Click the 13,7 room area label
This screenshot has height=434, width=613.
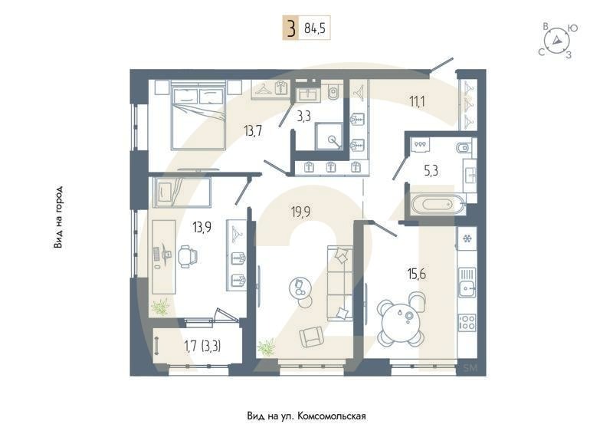(254, 130)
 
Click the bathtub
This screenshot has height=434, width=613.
(434, 205)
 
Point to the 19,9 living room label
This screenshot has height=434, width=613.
(300, 212)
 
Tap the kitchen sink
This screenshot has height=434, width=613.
(465, 289)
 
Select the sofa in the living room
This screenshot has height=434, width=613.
(339, 283)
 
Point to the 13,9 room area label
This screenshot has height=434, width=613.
(202, 227)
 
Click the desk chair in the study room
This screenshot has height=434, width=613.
(186, 255)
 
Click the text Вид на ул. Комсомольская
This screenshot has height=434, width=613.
(306, 416)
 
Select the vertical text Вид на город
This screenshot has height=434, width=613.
(58, 217)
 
